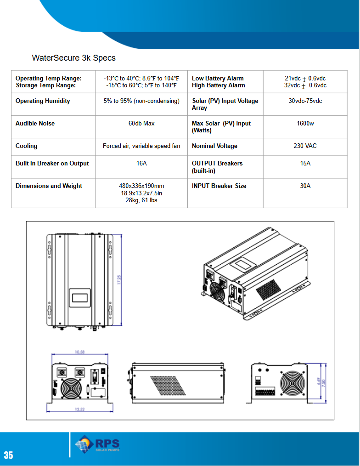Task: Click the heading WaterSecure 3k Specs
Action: pyautogui.click(x=73, y=58)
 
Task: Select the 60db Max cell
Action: pyautogui.click(x=141, y=124)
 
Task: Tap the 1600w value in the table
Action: pyautogui.click(x=305, y=124)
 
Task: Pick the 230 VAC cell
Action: pyautogui.click(x=305, y=146)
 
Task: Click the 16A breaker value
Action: pyautogui.click(x=141, y=164)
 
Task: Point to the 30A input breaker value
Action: pyautogui.click(x=305, y=186)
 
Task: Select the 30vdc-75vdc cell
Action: pyautogui.click(x=305, y=101)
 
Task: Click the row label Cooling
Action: pyautogui.click(x=26, y=146)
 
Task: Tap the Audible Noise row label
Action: pyautogui.click(x=35, y=124)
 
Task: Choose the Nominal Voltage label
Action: pyautogui.click(x=214, y=146)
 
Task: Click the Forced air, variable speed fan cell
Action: pyautogui.click(x=141, y=146)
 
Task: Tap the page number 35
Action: pyautogui.click(x=8, y=455)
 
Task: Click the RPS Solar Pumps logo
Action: pyautogui.click(x=97, y=444)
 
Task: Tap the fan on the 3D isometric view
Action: pyautogui.click(x=215, y=291)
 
